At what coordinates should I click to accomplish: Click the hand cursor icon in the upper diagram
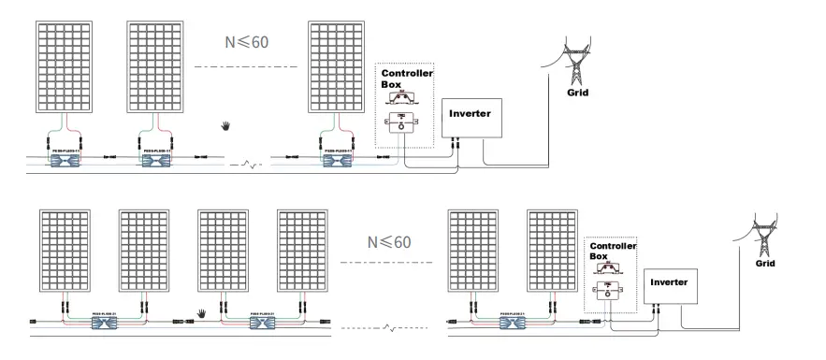pyautogui.click(x=225, y=124)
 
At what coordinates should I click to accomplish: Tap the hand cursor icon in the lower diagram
pyautogui.click(x=200, y=313)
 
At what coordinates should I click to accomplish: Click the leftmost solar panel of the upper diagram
pyautogui.click(x=66, y=65)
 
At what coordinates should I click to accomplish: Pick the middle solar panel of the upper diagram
pyautogui.click(x=155, y=65)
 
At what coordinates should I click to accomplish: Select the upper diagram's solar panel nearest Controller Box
pyautogui.click(x=336, y=65)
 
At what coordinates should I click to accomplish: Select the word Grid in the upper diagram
pyautogui.click(x=578, y=94)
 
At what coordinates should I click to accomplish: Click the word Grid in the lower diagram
pyautogui.click(x=766, y=265)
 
